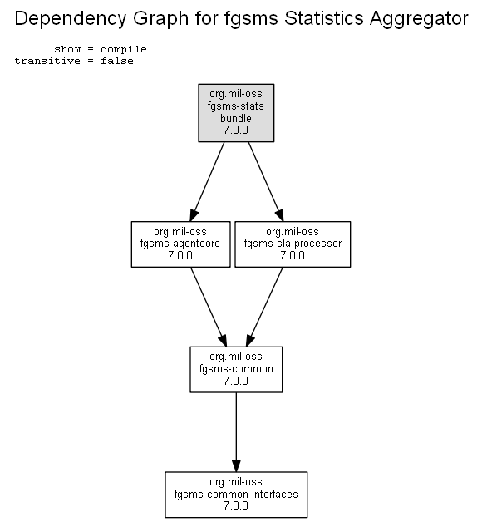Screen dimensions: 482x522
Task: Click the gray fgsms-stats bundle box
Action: pos(236,113)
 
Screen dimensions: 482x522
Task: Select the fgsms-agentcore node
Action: pos(181,244)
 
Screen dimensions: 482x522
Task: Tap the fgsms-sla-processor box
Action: pos(293,244)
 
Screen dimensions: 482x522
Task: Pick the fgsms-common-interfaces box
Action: pos(236,495)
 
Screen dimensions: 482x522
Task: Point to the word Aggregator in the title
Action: pos(419,18)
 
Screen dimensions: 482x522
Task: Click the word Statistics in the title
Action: pos(323,18)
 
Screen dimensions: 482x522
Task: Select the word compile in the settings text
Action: pos(124,49)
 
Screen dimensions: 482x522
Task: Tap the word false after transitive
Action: pos(117,61)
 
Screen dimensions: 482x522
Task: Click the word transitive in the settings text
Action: pos(47,61)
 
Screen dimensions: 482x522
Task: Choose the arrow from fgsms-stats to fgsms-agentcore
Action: pos(207,182)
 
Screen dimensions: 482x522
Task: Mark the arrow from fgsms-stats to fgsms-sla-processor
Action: pos(266,182)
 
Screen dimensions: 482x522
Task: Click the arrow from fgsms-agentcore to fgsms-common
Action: pos(209,307)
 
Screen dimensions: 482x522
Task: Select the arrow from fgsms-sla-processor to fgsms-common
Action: pos(264,307)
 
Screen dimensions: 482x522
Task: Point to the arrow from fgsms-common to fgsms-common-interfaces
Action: pos(236,432)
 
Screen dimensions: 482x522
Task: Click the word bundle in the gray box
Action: pos(236,118)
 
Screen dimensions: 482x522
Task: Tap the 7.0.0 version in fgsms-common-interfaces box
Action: pos(236,505)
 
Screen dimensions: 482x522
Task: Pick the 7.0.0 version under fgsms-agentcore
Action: pos(180,255)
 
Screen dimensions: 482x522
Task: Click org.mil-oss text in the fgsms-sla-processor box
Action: pos(293,231)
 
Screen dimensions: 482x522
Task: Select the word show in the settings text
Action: pos(67,49)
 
